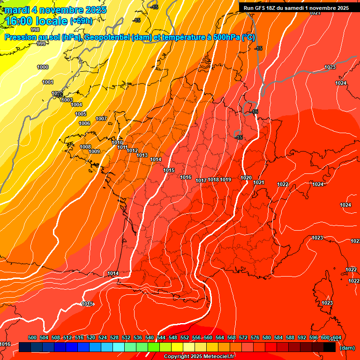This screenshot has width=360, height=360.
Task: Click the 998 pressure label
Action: pos(35,29)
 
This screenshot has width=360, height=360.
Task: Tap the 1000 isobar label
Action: pos(43,67)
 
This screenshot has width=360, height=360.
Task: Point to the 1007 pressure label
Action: pos(101,119)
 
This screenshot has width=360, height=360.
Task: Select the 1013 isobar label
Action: pos(142,155)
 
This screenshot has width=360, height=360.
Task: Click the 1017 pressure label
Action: pos(202,180)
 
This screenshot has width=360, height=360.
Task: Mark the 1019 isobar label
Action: pos(225,180)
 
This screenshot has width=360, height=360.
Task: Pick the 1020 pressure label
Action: pos(246,178)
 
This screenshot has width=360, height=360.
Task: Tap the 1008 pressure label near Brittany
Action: pos(85,147)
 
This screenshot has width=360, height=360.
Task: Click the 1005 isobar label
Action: pos(81,114)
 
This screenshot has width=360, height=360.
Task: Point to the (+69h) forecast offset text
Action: pos(81,21)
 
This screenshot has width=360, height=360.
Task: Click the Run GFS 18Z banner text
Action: pos(296,8)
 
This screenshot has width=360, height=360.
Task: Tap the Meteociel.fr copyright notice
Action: pos(199,357)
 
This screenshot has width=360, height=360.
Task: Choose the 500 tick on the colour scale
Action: pos(32,337)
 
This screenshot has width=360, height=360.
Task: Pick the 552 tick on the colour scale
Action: pos(185,337)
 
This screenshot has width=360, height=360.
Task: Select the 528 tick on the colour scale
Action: pos(114,337)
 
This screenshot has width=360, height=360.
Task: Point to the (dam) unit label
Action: pos(347,348)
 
